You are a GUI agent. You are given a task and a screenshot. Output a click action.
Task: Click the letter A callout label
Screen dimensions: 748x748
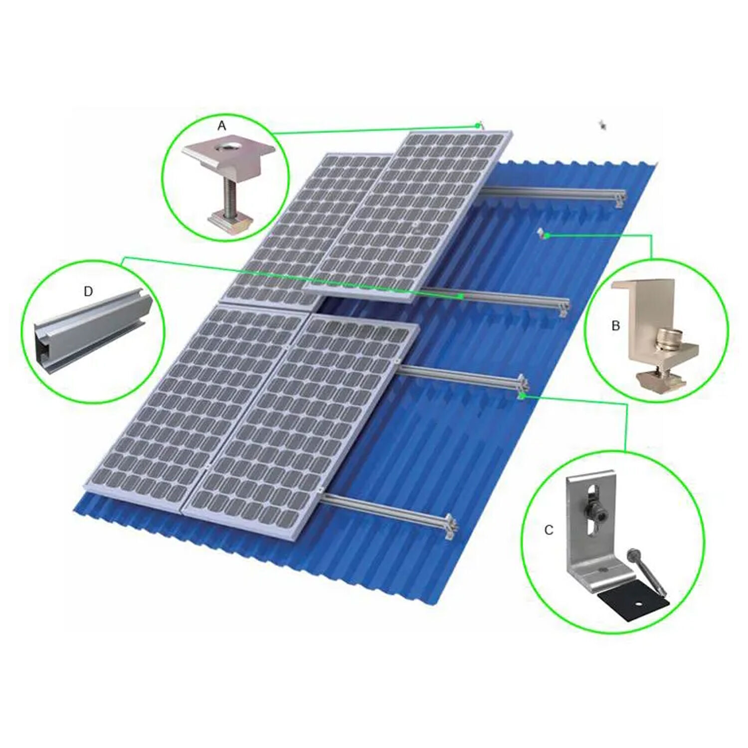click(222, 126)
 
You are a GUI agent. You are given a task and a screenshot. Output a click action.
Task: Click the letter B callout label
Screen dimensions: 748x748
click(616, 326)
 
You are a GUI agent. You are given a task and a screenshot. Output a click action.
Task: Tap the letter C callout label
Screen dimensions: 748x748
click(549, 530)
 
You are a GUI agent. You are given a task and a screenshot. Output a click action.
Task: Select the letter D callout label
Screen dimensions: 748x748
click(88, 291)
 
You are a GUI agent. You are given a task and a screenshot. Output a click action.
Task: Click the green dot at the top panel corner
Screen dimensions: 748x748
click(478, 126)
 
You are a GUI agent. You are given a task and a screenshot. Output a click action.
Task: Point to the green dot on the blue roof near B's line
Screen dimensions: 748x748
click(547, 235)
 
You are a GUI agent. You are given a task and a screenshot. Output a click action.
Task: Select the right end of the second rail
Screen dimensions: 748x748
click(564, 305)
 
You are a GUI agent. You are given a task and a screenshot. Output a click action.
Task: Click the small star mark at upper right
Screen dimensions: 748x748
click(603, 125)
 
